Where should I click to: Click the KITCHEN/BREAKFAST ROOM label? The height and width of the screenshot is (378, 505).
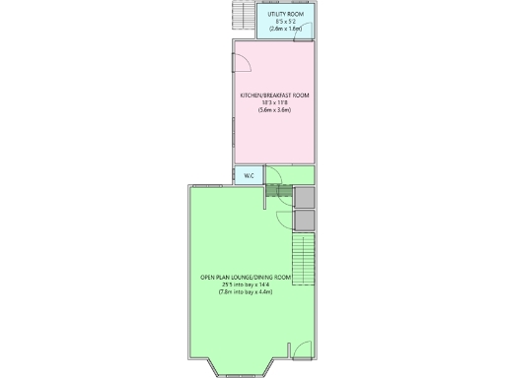(x=275, y=94)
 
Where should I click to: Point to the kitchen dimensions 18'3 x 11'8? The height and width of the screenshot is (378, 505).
(x=275, y=102)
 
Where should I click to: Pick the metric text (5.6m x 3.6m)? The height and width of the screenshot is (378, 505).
(x=275, y=110)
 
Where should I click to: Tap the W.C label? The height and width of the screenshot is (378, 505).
(x=249, y=176)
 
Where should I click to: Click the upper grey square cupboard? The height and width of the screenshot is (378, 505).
(x=304, y=196)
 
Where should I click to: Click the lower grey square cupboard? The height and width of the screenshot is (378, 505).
(x=304, y=220)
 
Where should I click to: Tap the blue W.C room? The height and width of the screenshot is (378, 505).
(x=249, y=176)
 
